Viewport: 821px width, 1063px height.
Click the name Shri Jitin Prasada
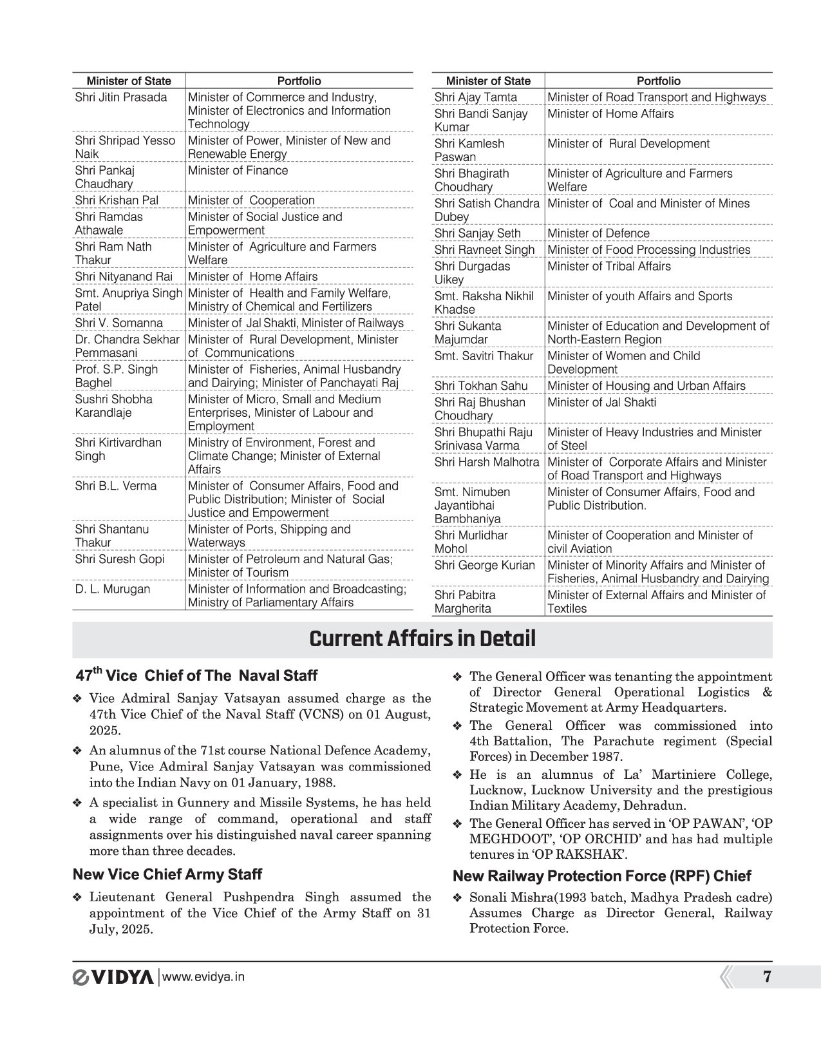point(120,97)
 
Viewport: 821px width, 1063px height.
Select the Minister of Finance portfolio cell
point(238,171)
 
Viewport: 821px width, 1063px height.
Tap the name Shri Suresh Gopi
point(119,559)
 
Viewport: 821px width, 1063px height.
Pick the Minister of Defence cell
point(598,233)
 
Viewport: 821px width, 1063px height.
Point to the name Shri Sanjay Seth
point(477,233)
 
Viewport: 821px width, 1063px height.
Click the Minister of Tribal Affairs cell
point(609,266)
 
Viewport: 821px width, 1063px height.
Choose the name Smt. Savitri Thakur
point(484,356)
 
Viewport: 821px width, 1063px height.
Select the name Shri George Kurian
point(484,565)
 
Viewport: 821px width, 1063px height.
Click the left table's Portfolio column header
point(299,81)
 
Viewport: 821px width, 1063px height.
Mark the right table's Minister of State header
point(488,81)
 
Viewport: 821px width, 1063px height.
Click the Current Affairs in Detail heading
point(422,639)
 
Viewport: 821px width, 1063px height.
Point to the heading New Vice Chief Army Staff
point(167,874)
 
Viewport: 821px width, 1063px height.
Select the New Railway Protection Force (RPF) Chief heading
point(602,876)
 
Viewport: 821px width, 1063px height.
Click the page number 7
point(766,977)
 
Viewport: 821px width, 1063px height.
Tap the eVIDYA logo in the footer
point(113,977)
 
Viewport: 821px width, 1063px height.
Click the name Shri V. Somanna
point(118,323)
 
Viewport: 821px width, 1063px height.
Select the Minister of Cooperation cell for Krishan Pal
point(251,200)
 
